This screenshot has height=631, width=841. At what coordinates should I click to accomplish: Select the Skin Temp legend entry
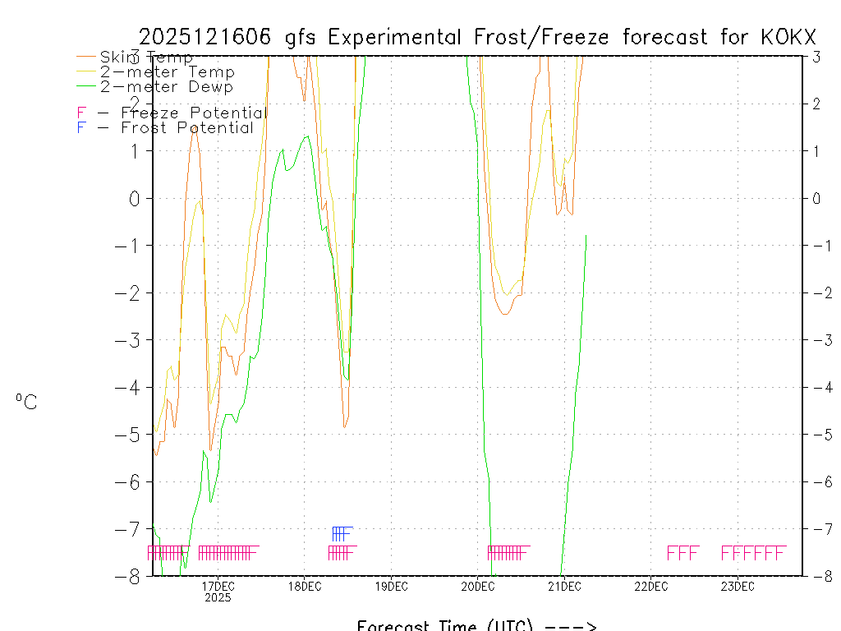[146, 58]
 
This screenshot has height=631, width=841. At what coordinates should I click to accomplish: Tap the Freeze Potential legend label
[194, 113]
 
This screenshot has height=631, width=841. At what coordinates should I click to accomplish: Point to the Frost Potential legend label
[187, 128]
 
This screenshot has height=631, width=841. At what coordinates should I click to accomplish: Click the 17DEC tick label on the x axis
[218, 586]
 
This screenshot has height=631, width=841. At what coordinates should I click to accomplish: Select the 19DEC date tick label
[391, 586]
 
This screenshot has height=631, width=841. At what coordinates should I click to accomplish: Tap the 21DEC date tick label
[564, 586]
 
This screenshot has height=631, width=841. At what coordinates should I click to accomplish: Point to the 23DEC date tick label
[738, 586]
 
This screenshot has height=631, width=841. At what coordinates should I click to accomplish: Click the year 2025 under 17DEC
[218, 598]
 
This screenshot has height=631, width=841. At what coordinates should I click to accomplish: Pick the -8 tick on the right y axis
[817, 576]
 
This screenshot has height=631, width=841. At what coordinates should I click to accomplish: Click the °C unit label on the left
[26, 403]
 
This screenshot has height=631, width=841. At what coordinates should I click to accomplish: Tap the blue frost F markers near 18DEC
[342, 534]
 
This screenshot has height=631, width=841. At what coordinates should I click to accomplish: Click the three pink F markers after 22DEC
[682, 553]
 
